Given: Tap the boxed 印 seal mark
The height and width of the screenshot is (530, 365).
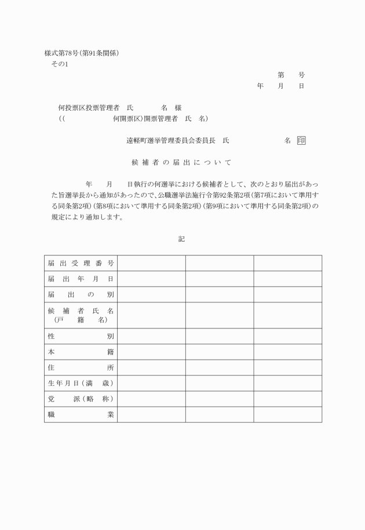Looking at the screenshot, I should click(x=300, y=141).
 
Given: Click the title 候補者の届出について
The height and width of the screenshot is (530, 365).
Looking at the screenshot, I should click(x=182, y=162).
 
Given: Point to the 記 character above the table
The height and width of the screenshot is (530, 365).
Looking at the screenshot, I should click(x=182, y=239).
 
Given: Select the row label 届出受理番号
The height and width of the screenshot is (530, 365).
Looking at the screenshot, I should click(x=81, y=264).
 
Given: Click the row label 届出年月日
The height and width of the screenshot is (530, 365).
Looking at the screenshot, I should click(x=81, y=279).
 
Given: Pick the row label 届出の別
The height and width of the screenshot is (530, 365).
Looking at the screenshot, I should click(x=81, y=295).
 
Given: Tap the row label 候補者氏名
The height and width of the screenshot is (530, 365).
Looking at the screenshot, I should click(x=81, y=311).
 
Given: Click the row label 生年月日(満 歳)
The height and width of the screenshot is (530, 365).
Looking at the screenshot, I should click(x=81, y=383).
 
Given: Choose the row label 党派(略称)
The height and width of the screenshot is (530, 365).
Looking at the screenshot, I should click(x=81, y=399).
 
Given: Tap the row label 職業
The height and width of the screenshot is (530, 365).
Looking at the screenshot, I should click(x=81, y=415).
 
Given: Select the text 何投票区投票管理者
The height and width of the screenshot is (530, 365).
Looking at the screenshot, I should click(x=89, y=108).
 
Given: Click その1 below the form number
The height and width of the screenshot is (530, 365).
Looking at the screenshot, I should click(x=60, y=64).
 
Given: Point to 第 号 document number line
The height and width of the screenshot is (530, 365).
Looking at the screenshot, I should click(x=291, y=75).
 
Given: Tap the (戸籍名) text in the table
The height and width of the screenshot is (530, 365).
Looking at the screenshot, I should click(x=81, y=320).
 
